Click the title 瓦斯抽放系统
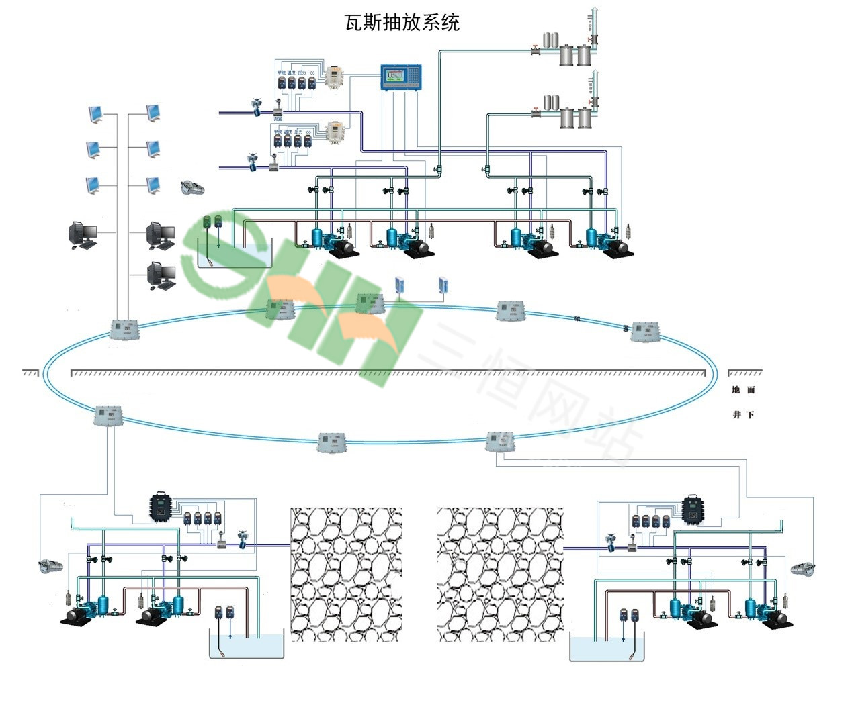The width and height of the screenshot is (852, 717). tap(402, 23)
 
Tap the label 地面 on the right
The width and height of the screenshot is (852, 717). tap(743, 390)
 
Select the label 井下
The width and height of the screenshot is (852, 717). tap(743, 415)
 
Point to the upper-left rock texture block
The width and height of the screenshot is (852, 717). tap(346, 574)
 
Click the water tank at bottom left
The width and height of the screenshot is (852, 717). tap(247, 647)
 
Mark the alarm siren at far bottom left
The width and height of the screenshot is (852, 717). tap(50, 566)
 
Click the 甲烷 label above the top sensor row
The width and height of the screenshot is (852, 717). tap(281, 73)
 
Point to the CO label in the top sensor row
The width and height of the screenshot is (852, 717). tap(312, 73)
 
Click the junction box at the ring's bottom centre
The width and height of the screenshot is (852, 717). tap(332, 442)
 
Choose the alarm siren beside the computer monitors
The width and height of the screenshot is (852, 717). tap(193, 188)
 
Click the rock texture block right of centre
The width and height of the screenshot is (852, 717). tap(499, 574)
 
